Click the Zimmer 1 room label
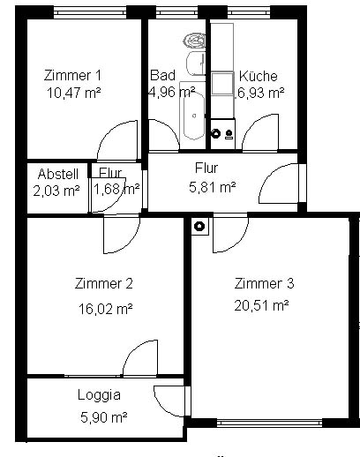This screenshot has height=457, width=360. (72, 75)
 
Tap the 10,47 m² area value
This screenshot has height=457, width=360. (74, 94)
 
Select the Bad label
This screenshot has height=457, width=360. (162, 75)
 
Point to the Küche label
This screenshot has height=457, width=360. (259, 76)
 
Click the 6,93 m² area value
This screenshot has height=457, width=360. (260, 93)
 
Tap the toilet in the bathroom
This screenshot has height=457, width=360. (194, 41)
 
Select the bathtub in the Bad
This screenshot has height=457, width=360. (193, 116)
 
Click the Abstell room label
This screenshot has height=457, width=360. (58, 174)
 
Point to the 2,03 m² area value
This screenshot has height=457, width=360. (56, 191)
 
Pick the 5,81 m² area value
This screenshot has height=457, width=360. (212, 187)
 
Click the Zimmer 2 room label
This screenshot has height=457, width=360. (103, 283)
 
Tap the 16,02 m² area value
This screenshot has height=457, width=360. (105, 309)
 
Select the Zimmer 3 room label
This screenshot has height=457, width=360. (264, 283)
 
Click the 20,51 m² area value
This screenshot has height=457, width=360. (261, 305)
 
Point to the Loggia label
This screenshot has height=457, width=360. (99, 395)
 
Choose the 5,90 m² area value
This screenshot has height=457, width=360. (104, 417)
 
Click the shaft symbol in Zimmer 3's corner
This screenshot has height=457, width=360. (200, 226)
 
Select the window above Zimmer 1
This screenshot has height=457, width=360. (90, 12)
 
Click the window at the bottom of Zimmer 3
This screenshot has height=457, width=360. (270, 423)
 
